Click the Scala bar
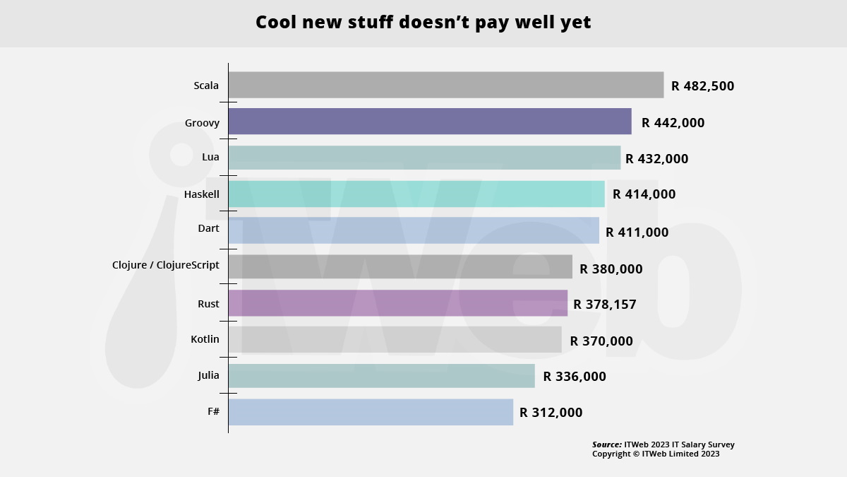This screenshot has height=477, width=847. click(x=445, y=86)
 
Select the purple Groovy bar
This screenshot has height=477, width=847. click(x=429, y=122)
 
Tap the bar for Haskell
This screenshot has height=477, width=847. click(x=416, y=194)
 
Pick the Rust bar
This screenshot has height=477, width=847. click(x=397, y=303)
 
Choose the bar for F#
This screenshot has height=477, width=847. click(x=371, y=412)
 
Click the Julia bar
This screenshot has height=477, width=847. click(x=381, y=376)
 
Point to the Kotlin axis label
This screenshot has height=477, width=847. click(x=205, y=339)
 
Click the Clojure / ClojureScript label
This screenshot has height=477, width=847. click(x=166, y=266)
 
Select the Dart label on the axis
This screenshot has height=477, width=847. click(x=208, y=228)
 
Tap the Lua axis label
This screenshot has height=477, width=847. click(x=210, y=157)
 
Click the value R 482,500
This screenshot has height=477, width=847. click(x=702, y=86)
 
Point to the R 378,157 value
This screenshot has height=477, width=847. click(x=605, y=305)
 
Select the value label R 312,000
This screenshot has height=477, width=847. click(x=551, y=413)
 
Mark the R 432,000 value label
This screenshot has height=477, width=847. click(x=656, y=159)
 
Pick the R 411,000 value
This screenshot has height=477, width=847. click(x=637, y=232)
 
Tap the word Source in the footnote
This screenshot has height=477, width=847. click(x=606, y=444)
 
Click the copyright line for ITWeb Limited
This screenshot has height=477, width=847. click(x=655, y=454)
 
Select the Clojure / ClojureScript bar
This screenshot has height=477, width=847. click(x=400, y=266)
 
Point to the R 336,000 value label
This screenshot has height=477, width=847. click(x=574, y=377)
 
